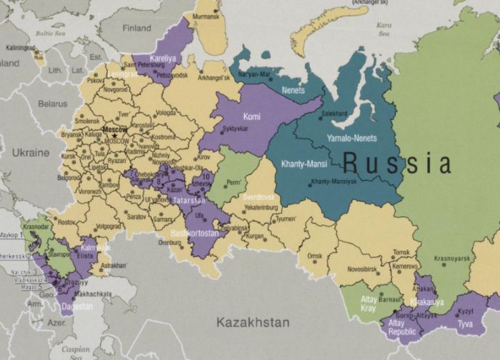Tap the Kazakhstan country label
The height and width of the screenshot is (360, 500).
tap(254, 322)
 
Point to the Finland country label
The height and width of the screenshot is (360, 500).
tap(137, 29)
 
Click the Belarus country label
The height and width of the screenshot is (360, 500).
tap(52, 104)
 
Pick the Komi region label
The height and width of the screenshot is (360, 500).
tap(252, 115)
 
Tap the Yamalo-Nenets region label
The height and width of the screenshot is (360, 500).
tap(351, 138)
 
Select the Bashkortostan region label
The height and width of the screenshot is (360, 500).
tap(195, 234)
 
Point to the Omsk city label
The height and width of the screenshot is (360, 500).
tap(315, 256)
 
